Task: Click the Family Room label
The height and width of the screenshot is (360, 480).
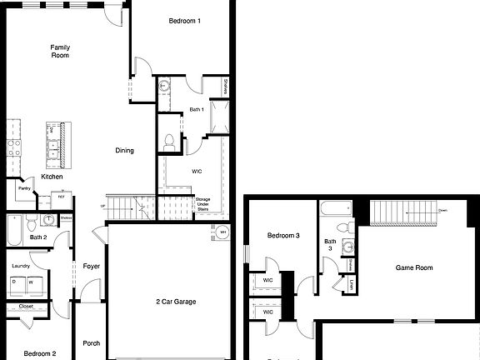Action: click(59, 52)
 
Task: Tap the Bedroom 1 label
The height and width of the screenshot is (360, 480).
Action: click(184, 20)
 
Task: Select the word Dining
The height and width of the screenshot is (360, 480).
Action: click(124, 151)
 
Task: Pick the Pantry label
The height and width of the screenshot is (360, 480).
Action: click(24, 189)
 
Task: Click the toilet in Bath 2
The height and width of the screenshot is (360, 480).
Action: click(31, 222)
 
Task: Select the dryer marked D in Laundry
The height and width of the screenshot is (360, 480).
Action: click(13, 282)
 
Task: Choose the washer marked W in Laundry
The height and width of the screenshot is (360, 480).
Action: click(32, 282)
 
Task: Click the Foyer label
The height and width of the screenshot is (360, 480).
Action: click(91, 267)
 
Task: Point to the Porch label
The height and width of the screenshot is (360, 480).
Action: click(91, 342)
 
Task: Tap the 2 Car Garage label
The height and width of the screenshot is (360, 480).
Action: click(176, 301)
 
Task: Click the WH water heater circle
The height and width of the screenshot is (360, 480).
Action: click(223, 232)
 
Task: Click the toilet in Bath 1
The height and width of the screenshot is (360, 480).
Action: click(169, 141)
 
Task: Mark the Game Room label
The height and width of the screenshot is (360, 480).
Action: click(414, 268)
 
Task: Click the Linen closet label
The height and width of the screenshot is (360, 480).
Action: click(354, 285)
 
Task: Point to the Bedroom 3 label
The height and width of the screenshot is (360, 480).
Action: click(282, 236)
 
